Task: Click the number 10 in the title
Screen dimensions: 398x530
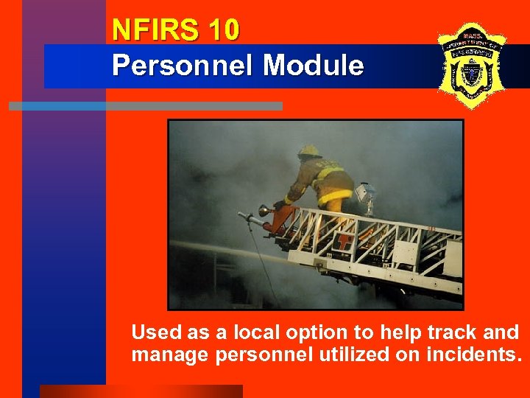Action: point(223,31)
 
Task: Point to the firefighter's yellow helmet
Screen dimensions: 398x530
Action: point(310,151)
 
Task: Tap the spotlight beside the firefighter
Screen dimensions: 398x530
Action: point(365,193)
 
